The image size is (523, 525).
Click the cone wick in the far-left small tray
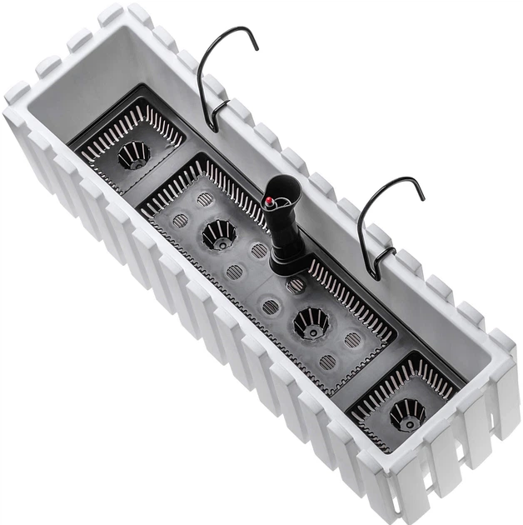tap(133, 153)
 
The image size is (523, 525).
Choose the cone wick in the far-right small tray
tap(407, 412)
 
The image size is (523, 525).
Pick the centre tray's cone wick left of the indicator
tap(218, 232)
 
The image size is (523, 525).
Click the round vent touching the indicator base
tap(296, 285)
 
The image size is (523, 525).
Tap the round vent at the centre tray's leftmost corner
tap(180, 221)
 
